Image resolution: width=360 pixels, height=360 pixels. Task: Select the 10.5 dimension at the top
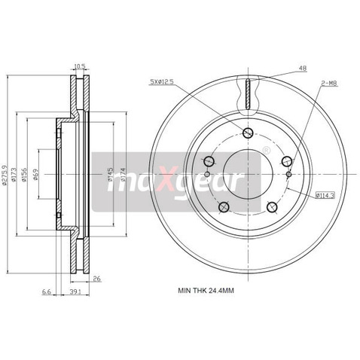tap(79, 66)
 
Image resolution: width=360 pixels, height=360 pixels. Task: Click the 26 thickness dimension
tap(97, 279)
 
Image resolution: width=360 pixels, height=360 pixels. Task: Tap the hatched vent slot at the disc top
tap(247, 94)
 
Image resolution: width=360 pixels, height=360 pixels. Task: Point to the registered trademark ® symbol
tap(267, 151)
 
